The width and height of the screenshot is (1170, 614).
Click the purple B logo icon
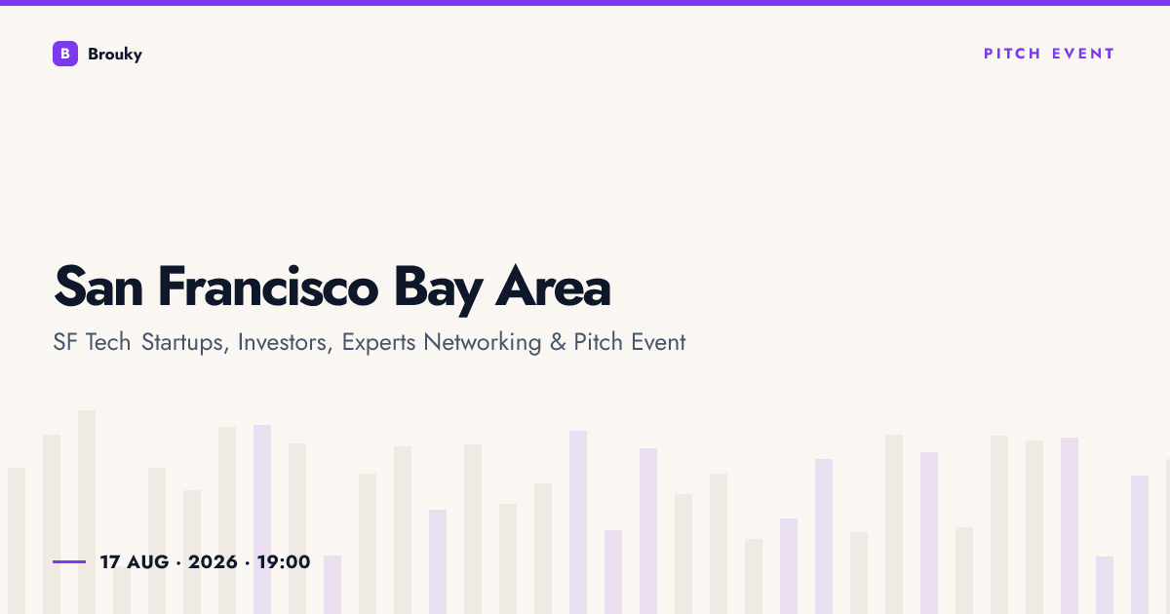[x=65, y=54]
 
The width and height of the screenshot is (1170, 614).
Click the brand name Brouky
[x=115, y=55]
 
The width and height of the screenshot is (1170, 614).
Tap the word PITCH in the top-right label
[x=1012, y=54]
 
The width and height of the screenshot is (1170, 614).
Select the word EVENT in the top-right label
[x=1083, y=54]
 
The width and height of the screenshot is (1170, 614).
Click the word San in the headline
[x=98, y=288]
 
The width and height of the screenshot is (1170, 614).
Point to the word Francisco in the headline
[x=267, y=287]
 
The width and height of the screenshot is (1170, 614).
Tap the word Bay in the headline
[x=438, y=289]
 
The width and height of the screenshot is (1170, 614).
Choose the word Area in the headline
[x=553, y=287]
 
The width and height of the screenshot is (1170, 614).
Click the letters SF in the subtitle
[x=65, y=342]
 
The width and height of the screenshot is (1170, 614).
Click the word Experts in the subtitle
[x=378, y=343]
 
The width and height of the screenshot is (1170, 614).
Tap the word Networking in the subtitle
[x=482, y=343]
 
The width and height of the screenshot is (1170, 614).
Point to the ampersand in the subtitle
[x=558, y=342]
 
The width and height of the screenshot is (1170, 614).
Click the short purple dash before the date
[x=69, y=561]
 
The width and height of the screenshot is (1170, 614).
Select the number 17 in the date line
[x=109, y=562]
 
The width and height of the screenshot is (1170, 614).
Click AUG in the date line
[x=148, y=562]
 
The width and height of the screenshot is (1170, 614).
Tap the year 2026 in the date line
[x=213, y=562]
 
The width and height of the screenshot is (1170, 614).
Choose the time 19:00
[x=284, y=562]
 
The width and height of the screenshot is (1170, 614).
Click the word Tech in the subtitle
[x=108, y=342]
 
